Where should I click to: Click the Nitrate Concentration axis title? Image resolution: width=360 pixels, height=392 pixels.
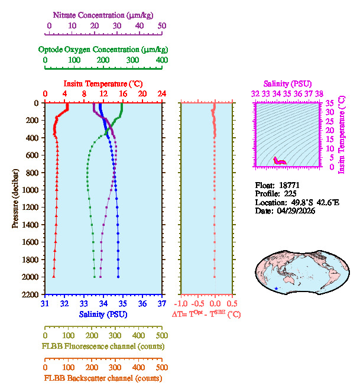105,14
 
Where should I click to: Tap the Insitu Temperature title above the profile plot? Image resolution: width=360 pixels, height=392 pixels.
103,84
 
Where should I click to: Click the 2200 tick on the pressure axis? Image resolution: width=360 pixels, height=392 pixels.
31,294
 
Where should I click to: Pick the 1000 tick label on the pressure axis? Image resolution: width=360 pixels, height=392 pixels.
31,190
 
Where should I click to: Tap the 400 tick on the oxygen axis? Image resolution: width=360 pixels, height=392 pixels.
161,60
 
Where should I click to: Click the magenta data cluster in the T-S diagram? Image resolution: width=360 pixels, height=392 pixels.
279,160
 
